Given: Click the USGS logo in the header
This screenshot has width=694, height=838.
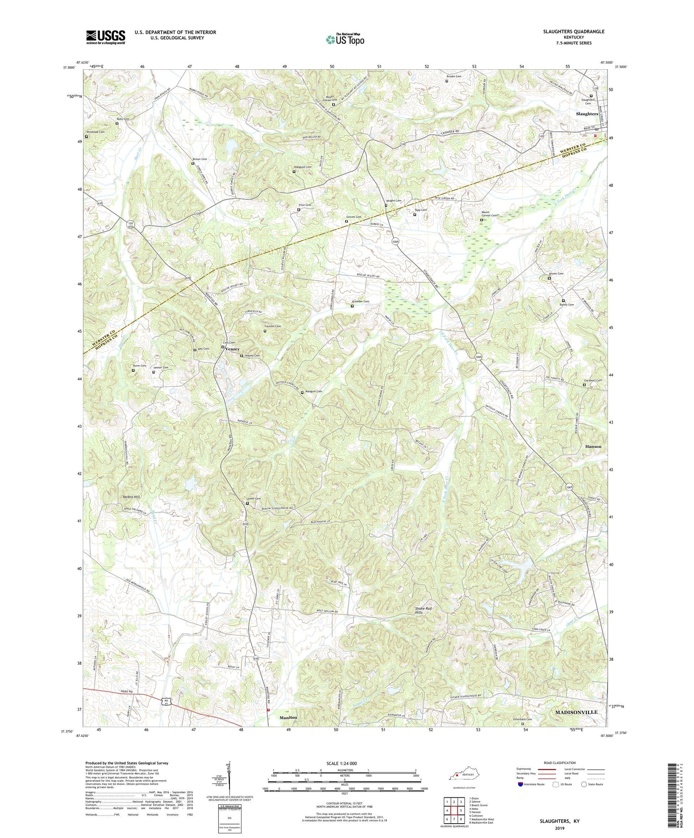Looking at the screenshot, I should (x=105, y=37).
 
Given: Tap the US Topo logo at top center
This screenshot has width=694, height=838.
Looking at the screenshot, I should (x=345, y=39).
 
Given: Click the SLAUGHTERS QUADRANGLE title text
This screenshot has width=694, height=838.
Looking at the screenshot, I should (x=574, y=31).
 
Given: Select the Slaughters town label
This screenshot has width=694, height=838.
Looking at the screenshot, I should (x=587, y=114).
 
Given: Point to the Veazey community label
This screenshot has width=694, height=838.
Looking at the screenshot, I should (x=232, y=349).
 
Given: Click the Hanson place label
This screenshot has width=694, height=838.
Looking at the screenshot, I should (x=593, y=447).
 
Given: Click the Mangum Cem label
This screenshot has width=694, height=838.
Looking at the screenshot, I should (x=313, y=391).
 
